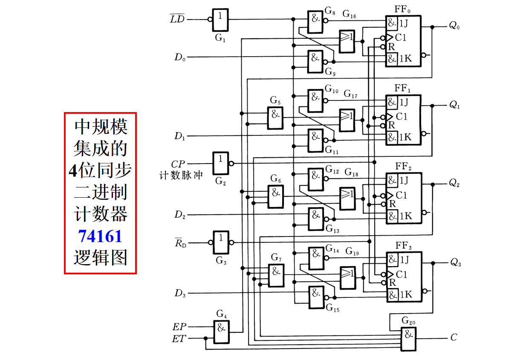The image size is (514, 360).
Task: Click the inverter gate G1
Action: point(220,20)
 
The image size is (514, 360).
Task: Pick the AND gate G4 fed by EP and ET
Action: point(221,332)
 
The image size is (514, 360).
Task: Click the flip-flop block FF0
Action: point(403,41)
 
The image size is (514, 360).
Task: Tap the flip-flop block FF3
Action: point(404,277)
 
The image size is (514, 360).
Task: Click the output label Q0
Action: point(454,26)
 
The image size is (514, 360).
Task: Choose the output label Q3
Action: point(455,263)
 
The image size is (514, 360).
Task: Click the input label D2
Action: point(179,215)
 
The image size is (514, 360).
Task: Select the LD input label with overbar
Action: point(177,19)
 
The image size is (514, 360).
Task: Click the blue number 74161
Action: point(100,236)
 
